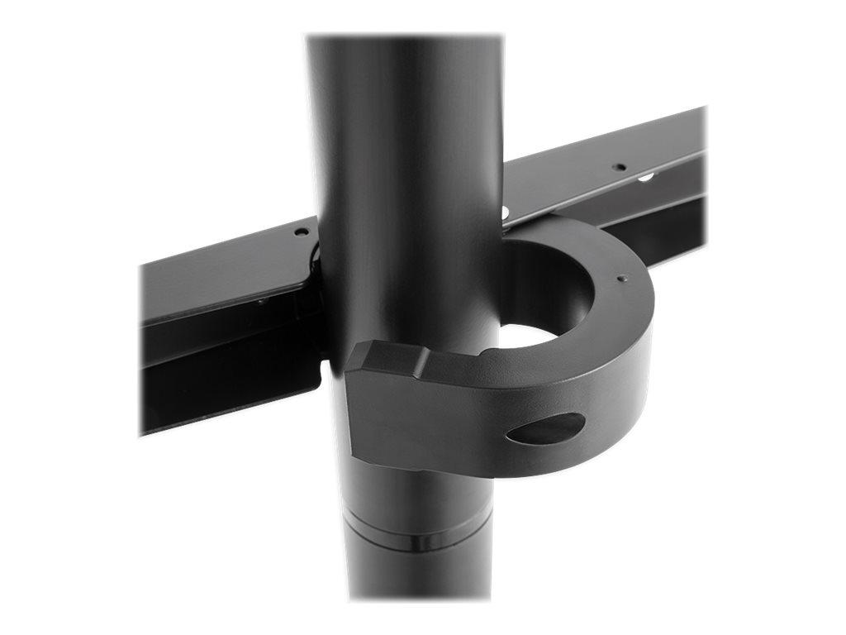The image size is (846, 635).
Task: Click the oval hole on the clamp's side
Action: (x=545, y=427)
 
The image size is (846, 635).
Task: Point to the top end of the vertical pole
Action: (x=405, y=41)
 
